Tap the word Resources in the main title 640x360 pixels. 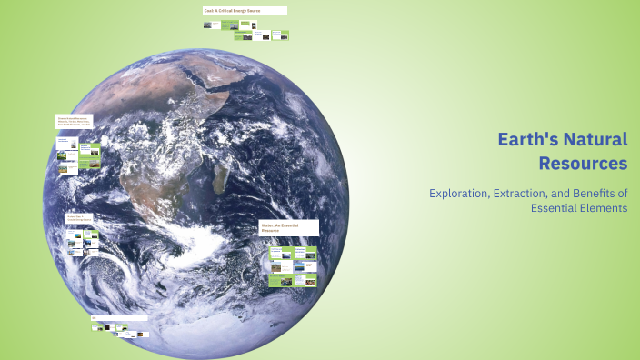(x=582, y=164)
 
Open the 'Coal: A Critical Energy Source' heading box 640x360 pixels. (x=245, y=11)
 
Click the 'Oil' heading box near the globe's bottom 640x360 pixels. (x=118, y=317)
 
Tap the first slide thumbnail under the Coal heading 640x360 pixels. (x=207, y=25)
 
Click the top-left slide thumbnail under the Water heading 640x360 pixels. (x=275, y=251)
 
